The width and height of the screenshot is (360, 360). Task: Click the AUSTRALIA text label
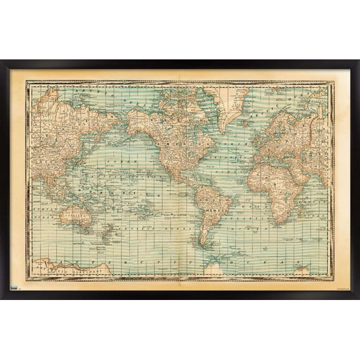pyautogui.click(x=78, y=218)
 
